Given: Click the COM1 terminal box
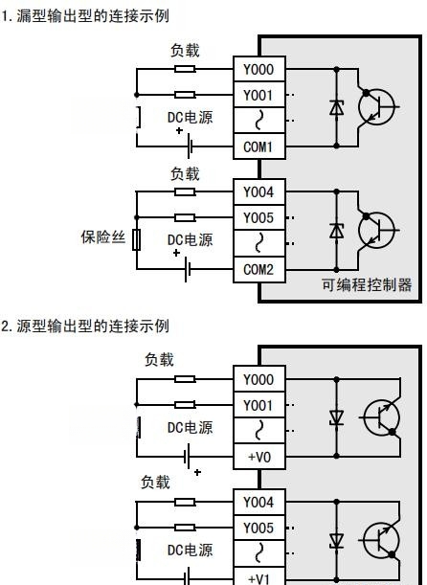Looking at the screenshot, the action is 259,146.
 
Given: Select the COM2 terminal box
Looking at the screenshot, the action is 259,269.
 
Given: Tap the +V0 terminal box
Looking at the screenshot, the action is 259,457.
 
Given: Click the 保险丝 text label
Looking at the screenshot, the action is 103,237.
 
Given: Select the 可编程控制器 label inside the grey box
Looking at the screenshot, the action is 367,284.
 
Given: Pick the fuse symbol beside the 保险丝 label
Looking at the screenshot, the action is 137,239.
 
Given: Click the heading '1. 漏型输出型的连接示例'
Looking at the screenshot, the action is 85,16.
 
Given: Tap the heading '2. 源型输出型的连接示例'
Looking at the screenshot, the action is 85,326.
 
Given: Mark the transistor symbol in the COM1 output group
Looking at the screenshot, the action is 376,107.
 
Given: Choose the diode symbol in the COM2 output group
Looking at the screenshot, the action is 336,230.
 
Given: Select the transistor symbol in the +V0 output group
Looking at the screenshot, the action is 381,417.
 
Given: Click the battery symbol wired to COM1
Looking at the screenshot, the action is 190,146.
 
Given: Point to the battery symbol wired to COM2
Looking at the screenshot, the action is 188,269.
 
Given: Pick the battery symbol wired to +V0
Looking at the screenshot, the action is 187,456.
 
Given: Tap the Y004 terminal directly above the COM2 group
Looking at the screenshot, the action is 259,191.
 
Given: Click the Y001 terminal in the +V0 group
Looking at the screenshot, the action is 259,405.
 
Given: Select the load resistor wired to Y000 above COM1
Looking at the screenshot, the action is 185,69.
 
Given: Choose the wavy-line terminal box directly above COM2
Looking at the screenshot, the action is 259,243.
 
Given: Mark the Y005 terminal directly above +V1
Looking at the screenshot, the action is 259,528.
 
